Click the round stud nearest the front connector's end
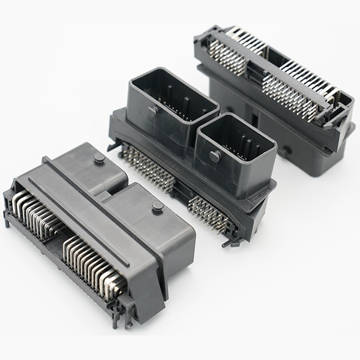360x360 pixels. click(158, 206)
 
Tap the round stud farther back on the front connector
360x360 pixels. click(98, 158)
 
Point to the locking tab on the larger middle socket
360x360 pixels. click(153, 110)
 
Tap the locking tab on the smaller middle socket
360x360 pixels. click(215, 155)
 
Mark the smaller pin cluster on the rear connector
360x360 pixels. click(230, 58)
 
